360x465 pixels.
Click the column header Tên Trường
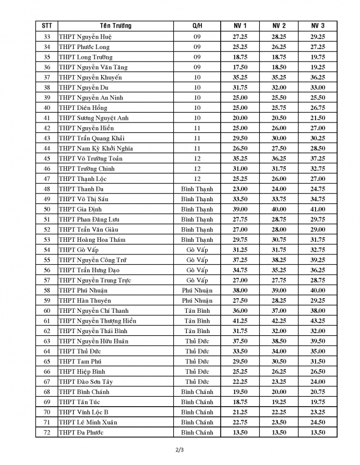116,26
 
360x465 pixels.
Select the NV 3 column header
318,26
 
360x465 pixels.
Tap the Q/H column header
197,26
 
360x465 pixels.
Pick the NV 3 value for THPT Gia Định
318,209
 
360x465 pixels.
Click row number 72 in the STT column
47,433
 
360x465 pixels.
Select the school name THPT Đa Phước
81,433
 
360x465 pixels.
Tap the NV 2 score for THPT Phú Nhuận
279,290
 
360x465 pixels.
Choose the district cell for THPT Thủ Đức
197,351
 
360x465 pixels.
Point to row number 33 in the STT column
47,36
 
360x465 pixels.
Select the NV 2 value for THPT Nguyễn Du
279,88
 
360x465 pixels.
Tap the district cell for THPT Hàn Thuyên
197,301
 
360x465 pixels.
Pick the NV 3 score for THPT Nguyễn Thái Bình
318,331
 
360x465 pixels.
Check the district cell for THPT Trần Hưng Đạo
197,270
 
